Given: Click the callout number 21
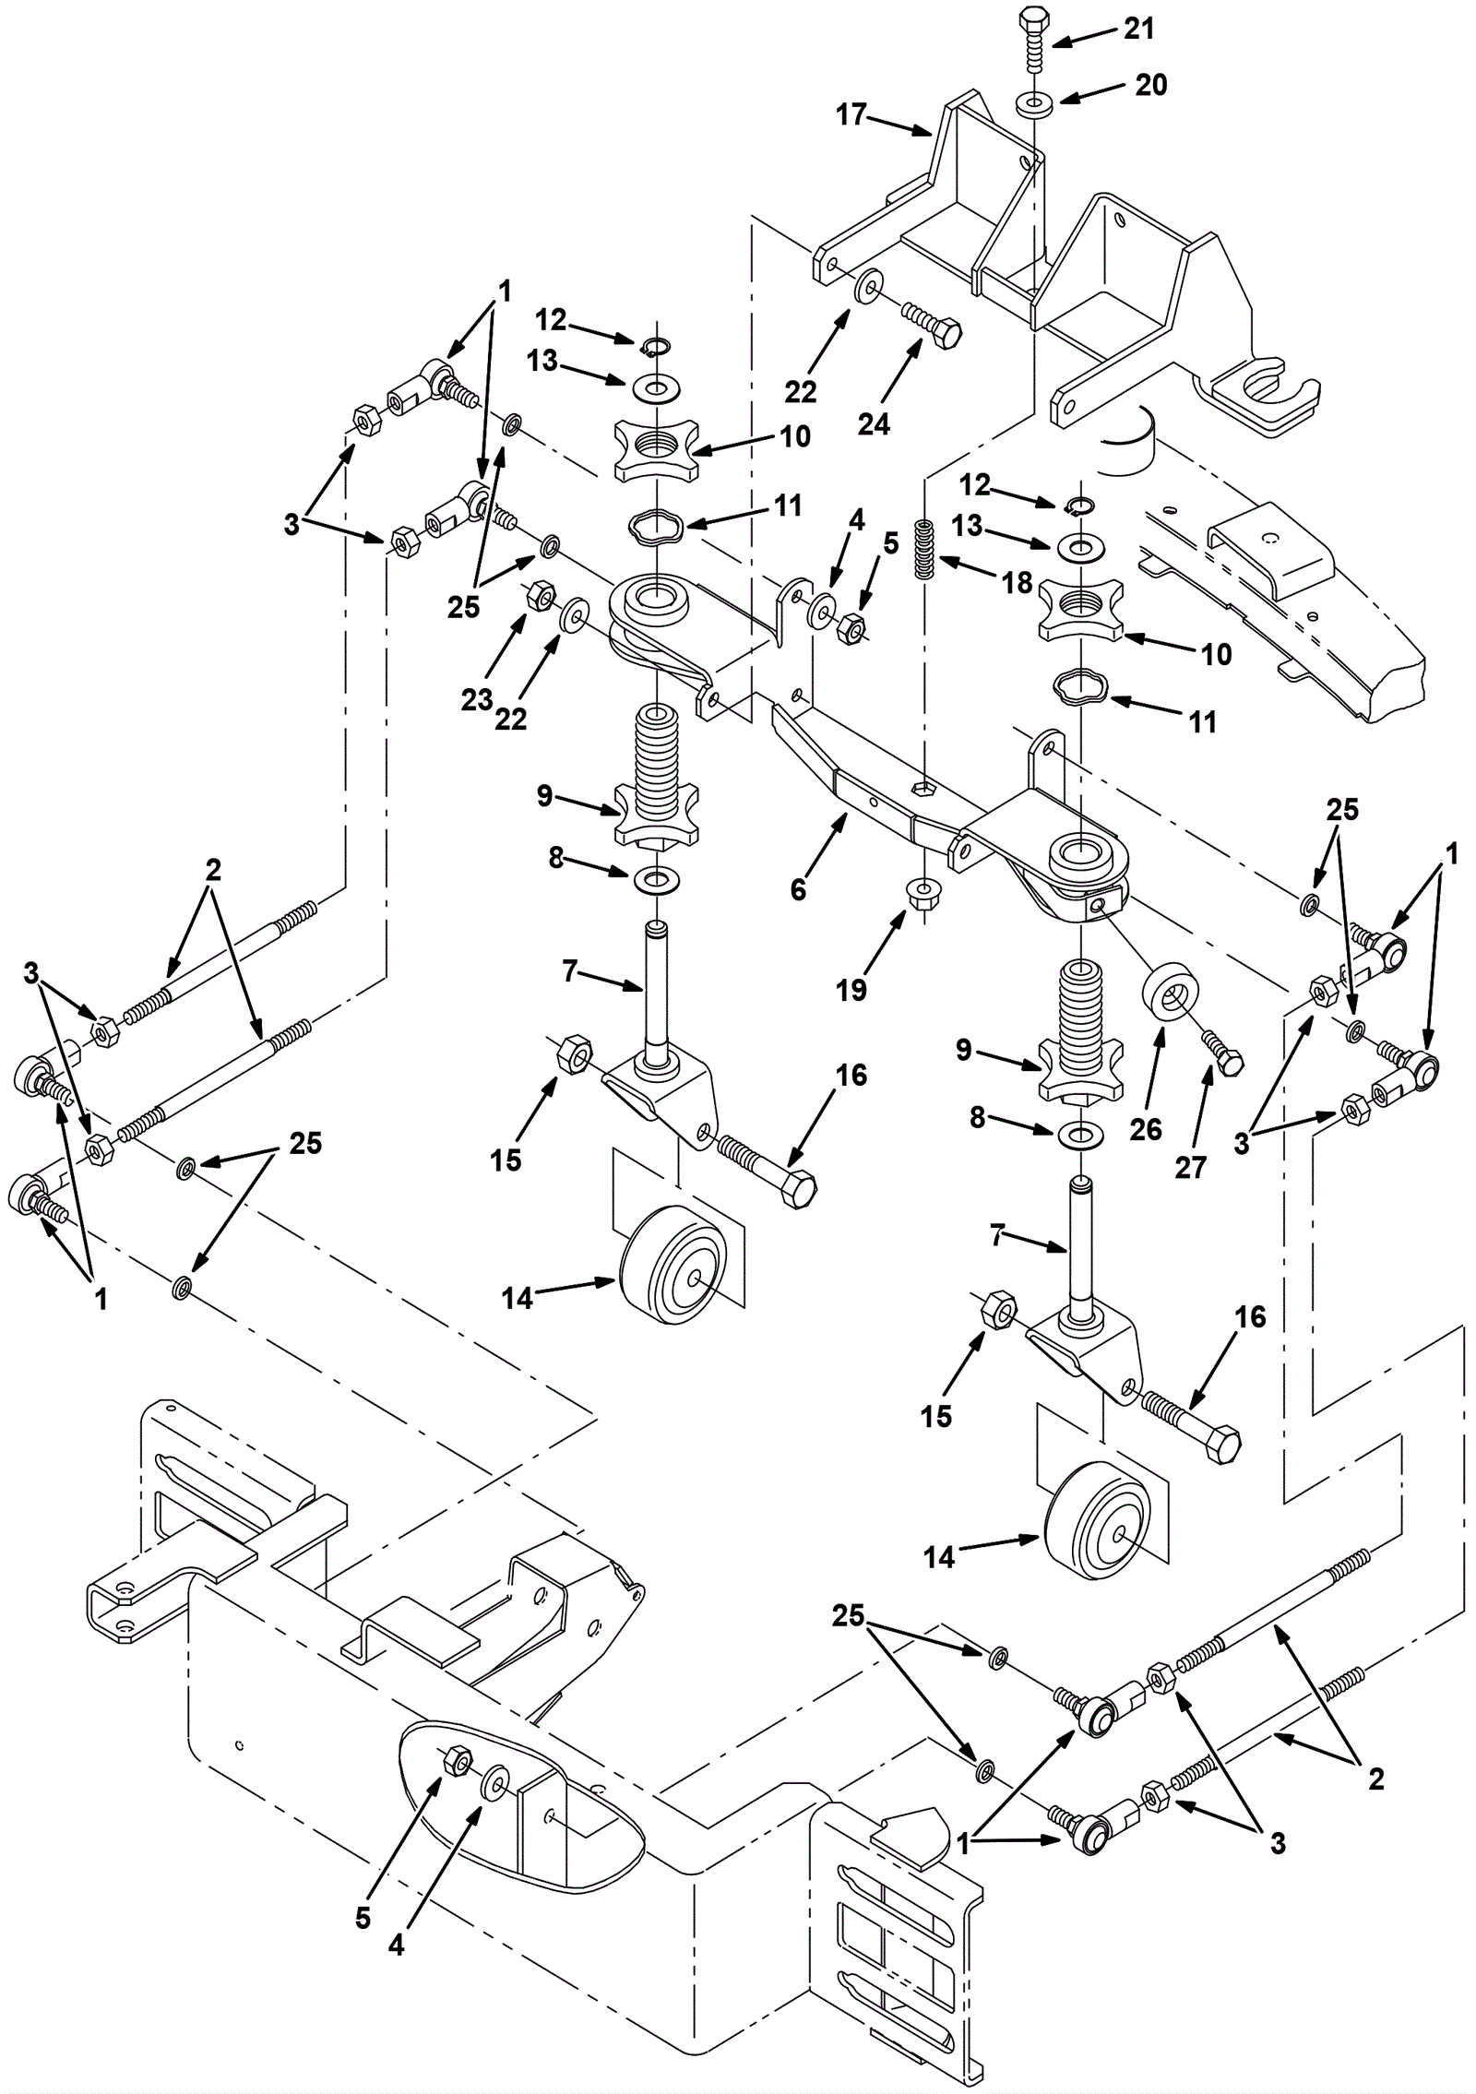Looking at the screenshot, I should [x=1139, y=29].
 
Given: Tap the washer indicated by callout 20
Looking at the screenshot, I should [x=1034, y=101].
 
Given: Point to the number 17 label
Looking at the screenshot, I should [x=851, y=114].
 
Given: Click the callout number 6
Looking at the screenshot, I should [x=799, y=889].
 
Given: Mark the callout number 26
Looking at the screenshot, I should [x=1146, y=1129].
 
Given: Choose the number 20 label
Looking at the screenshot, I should [x=1150, y=85].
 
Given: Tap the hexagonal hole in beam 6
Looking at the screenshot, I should [x=923, y=787].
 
